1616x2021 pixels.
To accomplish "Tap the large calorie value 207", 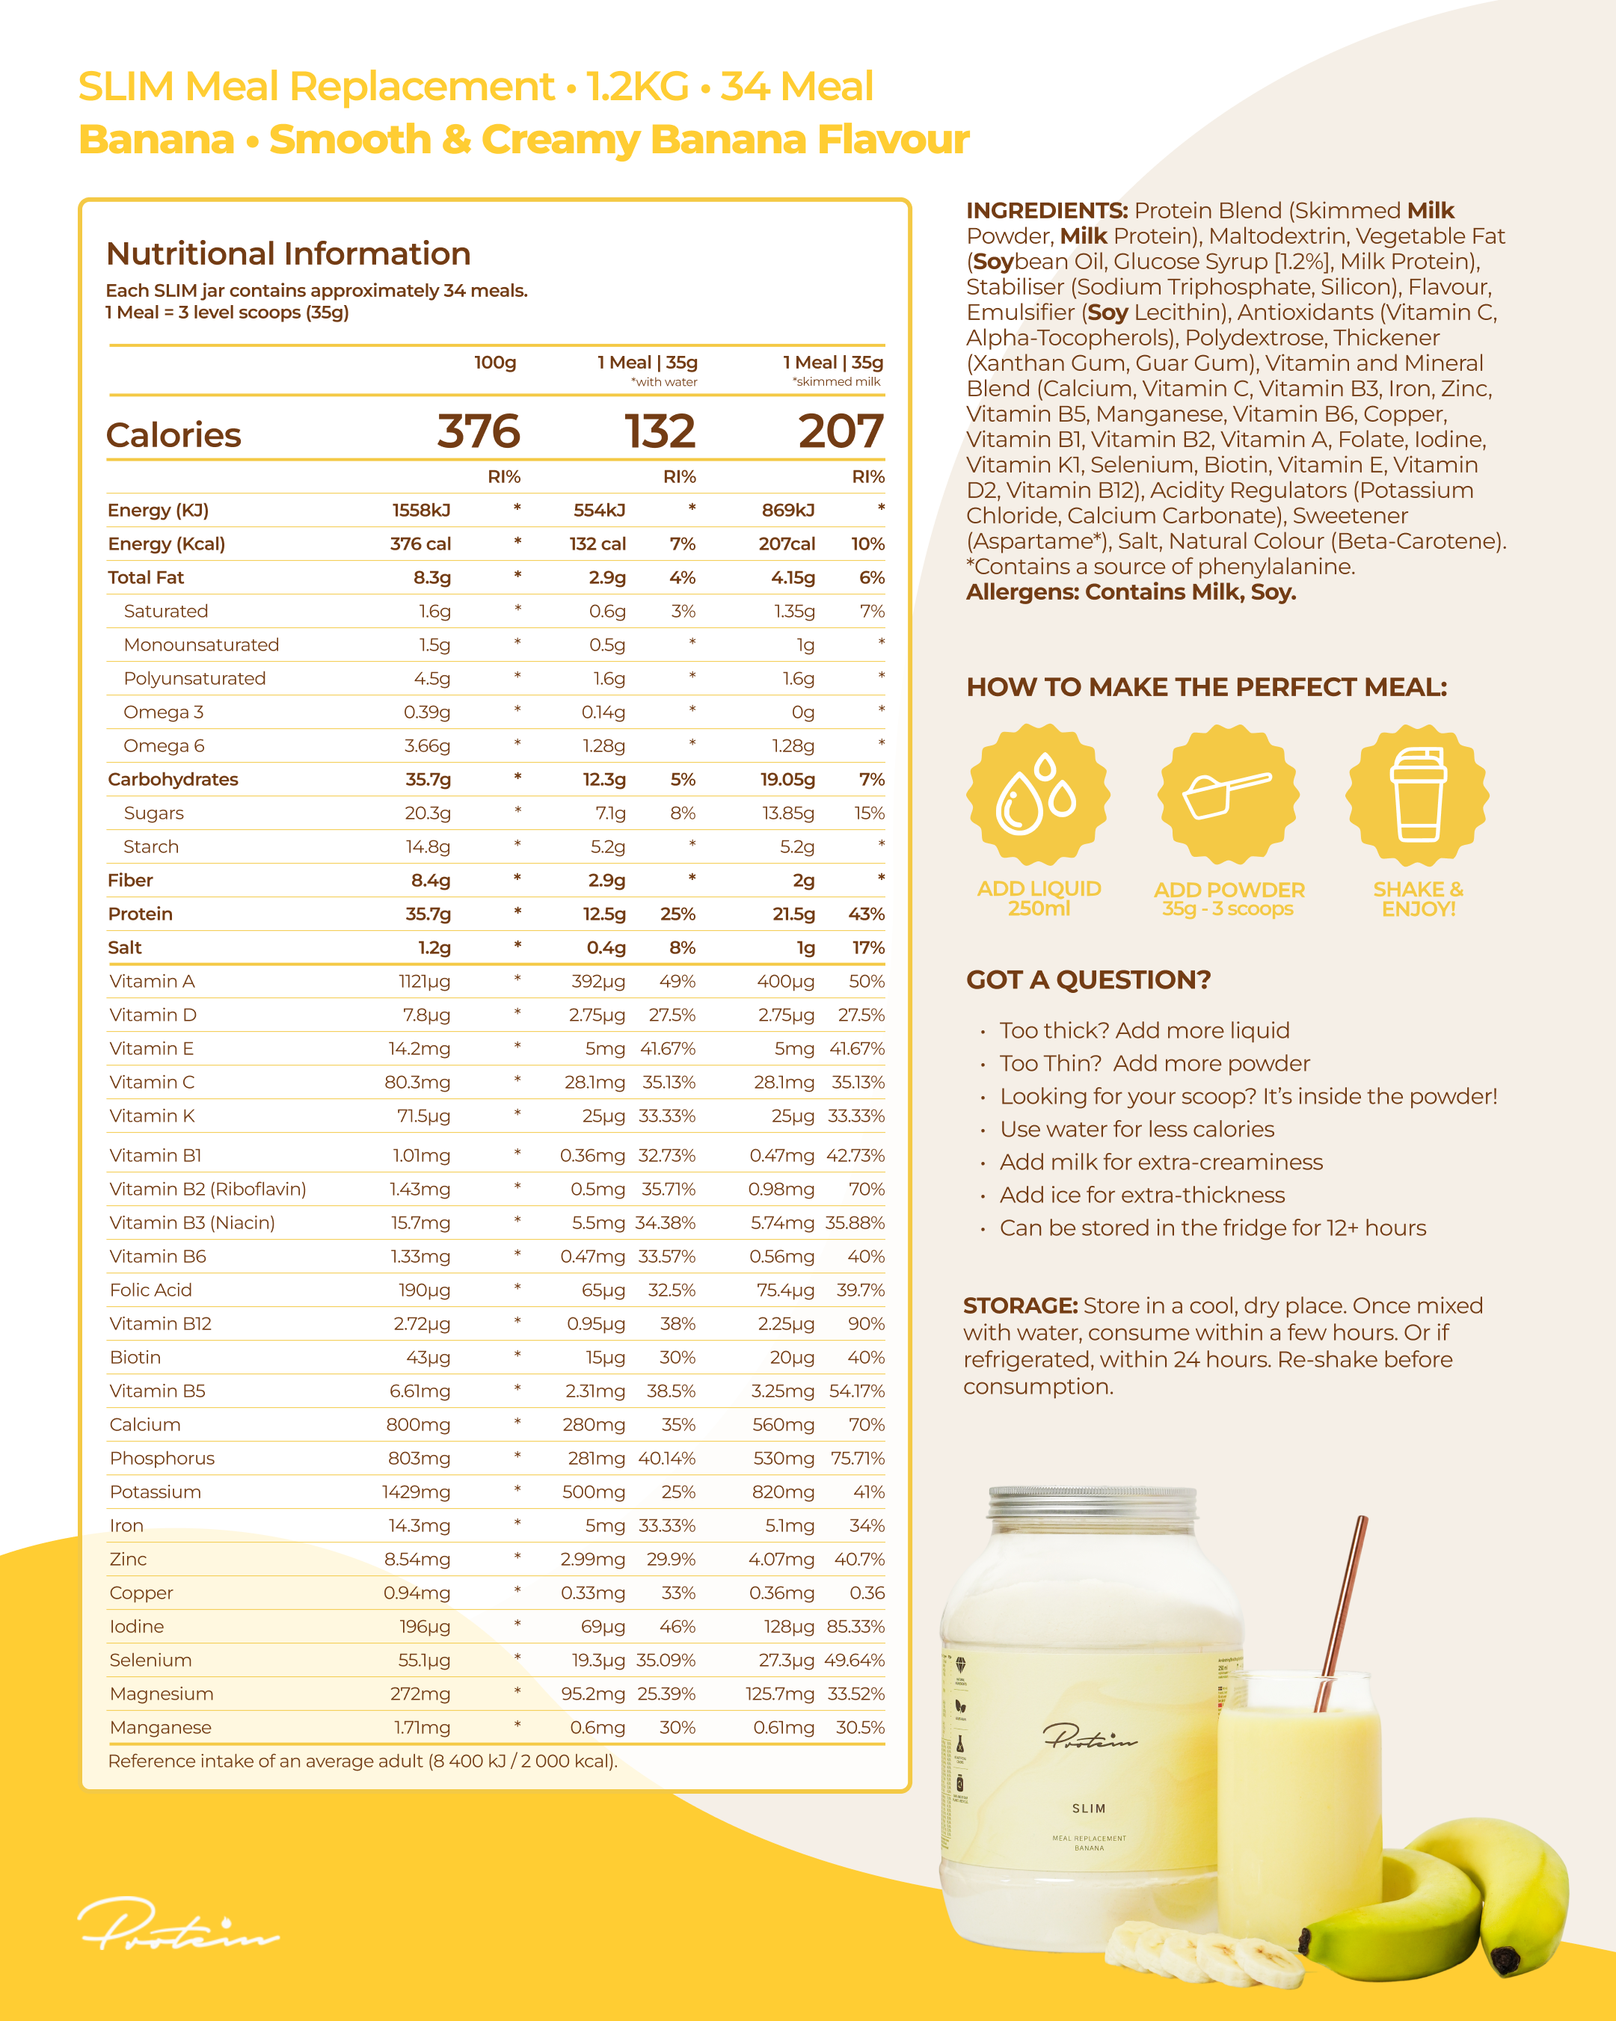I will pyautogui.click(x=840, y=431).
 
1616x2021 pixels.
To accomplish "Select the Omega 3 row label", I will pyautogui.click(x=163, y=713).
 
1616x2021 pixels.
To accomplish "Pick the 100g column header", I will pyautogui.click(x=495, y=363).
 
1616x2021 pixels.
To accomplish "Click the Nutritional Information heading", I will pyautogui.click(x=289, y=253).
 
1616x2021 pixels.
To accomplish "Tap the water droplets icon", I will pyautogui.click(x=1039, y=794).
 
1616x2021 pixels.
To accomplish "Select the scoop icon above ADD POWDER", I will pyautogui.click(x=1228, y=794).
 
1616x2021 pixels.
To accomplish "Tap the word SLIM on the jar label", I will pyautogui.click(x=1090, y=1808).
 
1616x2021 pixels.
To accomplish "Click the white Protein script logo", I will pyautogui.click(x=178, y=1925).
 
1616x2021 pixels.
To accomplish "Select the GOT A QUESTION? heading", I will pyautogui.click(x=1088, y=979).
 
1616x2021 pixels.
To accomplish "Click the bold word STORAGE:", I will pyautogui.click(x=1020, y=1305).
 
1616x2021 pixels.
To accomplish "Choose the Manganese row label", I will pyautogui.click(x=160, y=1726).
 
